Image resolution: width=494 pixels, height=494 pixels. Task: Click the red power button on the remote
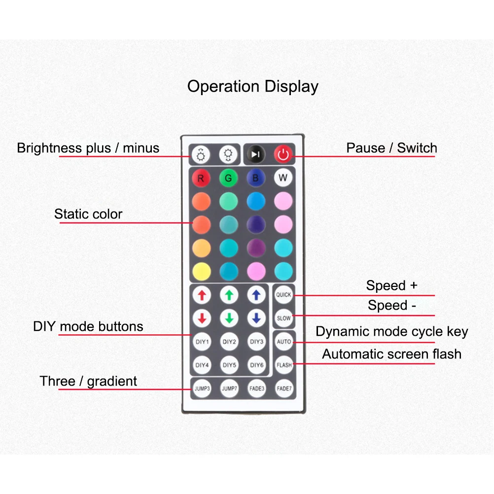[283, 155]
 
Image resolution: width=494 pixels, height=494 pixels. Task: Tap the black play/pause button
[255, 155]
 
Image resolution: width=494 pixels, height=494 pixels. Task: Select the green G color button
[229, 178]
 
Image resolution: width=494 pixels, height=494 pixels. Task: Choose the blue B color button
[256, 178]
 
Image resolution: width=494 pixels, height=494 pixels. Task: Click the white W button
[283, 178]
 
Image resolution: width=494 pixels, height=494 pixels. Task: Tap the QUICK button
[283, 295]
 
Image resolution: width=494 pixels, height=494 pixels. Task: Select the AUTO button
[283, 341]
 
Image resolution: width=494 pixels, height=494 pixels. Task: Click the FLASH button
[283, 365]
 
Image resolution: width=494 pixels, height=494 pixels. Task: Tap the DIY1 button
[202, 341]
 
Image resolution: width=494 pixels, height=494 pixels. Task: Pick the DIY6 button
[256, 365]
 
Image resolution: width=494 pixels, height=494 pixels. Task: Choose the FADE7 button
[283, 388]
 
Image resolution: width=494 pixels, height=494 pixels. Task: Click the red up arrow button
[202, 295]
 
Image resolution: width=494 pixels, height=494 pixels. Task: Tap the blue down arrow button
[256, 318]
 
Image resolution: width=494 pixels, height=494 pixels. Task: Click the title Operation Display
[252, 86]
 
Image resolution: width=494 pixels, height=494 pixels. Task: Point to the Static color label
[88, 214]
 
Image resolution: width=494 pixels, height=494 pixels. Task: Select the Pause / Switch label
[391, 148]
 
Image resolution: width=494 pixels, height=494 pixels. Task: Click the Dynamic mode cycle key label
[391, 332]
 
